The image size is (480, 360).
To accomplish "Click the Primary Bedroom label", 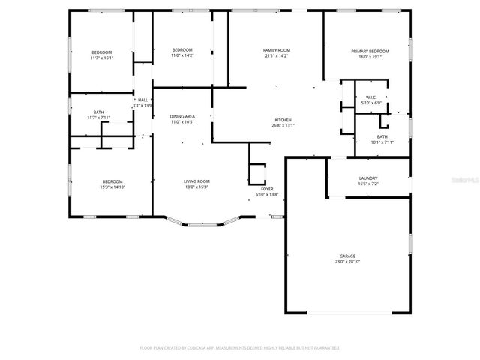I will pyautogui.click(x=367, y=51).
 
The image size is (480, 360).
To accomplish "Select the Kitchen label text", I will pyautogui.click(x=283, y=120).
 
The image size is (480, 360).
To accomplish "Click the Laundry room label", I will pyautogui.click(x=367, y=178).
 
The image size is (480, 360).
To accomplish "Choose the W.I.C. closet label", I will pyautogui.click(x=370, y=97).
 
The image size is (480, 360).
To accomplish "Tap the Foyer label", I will pyautogui.click(x=267, y=190).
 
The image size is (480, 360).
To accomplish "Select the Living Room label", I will pyautogui.click(x=197, y=181).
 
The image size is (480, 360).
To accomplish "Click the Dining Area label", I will pyautogui.click(x=182, y=116).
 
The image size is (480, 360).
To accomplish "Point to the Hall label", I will pyautogui.click(x=142, y=100).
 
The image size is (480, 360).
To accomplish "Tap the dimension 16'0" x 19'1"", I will pyautogui.click(x=367, y=56).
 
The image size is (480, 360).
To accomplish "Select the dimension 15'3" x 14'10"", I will pyautogui.click(x=112, y=187).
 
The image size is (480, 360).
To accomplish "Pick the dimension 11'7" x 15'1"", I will pyautogui.click(x=101, y=57).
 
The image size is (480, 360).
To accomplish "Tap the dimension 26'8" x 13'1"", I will pyautogui.click(x=283, y=125).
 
